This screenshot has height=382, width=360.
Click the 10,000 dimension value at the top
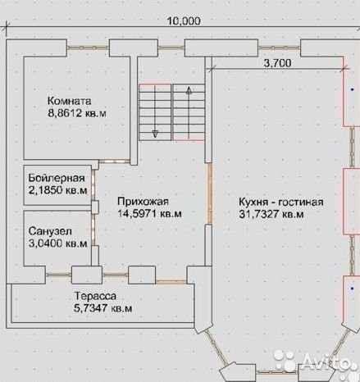184,20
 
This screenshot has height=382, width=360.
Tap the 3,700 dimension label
277,63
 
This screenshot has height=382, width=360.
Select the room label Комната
70,101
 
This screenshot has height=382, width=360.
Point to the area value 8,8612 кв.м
77,113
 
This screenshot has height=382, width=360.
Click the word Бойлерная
57,178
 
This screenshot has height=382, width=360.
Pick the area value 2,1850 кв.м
58,190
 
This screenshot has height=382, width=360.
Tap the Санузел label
50,231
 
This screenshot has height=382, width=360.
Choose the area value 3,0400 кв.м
58,243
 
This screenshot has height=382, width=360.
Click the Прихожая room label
143,202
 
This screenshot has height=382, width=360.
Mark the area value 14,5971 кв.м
149,213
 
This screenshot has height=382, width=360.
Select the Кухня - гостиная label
281,202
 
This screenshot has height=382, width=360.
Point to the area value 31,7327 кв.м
271,214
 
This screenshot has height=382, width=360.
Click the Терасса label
95,296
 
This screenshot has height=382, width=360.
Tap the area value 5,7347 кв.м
103,308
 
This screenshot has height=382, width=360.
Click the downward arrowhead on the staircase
155,134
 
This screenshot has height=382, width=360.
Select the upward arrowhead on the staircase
189,90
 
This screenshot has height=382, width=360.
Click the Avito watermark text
326,361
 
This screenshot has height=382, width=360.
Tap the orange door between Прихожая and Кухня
210,193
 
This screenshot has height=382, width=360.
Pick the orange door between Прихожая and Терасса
171,281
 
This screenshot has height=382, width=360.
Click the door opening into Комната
114,161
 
